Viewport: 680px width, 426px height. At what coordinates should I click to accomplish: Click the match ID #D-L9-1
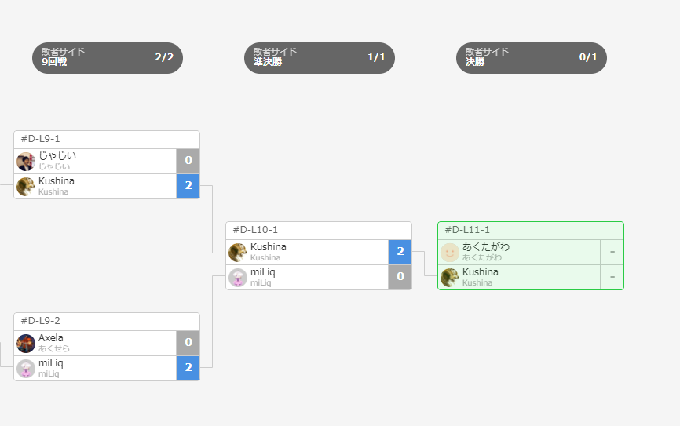point(40,139)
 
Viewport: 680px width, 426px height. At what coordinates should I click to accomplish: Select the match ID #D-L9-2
point(40,321)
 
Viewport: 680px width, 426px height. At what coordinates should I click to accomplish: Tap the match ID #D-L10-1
point(255,230)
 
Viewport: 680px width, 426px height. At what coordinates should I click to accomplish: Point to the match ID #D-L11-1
point(467,230)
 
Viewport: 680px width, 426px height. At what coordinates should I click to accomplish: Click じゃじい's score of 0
point(188,161)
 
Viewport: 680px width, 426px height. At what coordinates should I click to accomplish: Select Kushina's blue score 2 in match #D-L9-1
point(188,186)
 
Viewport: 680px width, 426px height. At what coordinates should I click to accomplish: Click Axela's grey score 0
point(188,343)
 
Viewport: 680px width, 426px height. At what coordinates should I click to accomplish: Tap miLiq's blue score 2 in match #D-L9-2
point(188,368)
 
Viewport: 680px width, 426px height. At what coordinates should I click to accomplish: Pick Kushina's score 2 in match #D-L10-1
point(400,252)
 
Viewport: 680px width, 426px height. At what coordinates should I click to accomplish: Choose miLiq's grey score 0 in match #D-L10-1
point(400,277)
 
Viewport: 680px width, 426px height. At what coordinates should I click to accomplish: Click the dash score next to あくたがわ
point(612,252)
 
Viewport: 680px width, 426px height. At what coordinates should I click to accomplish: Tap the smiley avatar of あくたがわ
point(450,252)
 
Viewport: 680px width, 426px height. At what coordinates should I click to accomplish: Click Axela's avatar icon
point(26,343)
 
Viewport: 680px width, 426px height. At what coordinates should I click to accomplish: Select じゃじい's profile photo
point(26,161)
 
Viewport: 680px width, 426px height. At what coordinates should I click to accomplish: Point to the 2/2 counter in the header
point(164,57)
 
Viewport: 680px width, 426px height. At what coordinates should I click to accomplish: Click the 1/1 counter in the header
point(376,57)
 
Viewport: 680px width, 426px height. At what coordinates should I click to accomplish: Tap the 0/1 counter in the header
point(588,57)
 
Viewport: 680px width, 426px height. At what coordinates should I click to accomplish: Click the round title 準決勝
point(268,62)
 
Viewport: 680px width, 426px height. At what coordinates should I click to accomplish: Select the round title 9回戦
point(54,62)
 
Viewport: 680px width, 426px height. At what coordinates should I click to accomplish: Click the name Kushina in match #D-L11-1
point(480,272)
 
